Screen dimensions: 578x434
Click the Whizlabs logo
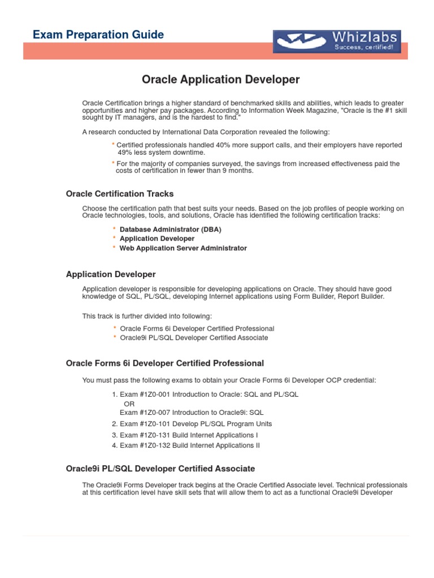coord(337,41)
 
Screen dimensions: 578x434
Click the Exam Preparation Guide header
coord(98,35)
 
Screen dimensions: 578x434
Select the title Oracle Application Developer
coord(220,80)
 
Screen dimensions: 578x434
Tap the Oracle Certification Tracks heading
coord(120,194)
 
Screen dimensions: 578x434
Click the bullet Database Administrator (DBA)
coord(170,230)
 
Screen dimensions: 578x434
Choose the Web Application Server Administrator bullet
coord(183,248)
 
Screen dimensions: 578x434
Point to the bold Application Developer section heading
coord(111,274)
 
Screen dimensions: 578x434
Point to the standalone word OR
coord(129,404)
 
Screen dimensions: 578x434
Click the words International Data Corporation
coord(201,132)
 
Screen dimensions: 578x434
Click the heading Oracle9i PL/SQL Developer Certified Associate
coord(160,468)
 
